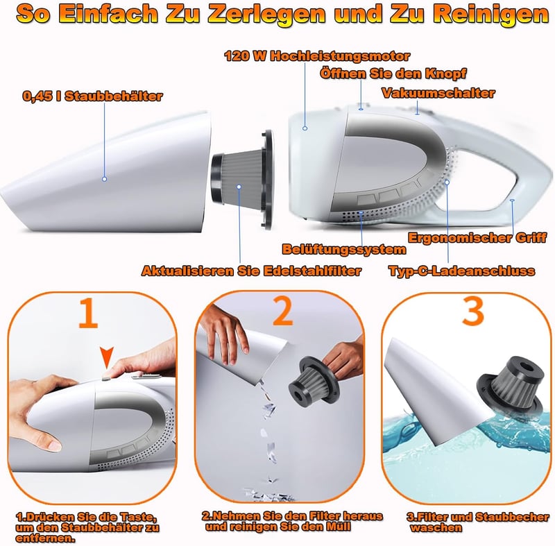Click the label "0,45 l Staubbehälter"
[92, 96]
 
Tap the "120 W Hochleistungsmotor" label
[317, 56]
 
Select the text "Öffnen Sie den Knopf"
[393, 74]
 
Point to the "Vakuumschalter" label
[438, 93]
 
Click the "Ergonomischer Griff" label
[477, 237]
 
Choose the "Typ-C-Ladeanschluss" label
[462, 271]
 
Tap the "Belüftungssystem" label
[344, 249]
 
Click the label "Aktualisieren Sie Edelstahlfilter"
[251, 271]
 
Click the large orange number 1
[88, 313]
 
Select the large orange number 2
[283, 311]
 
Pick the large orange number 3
[473, 311]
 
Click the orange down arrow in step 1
[107, 357]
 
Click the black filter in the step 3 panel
[510, 386]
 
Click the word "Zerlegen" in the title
[267, 14]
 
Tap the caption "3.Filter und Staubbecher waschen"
[477, 522]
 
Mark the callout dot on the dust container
[105, 179]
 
